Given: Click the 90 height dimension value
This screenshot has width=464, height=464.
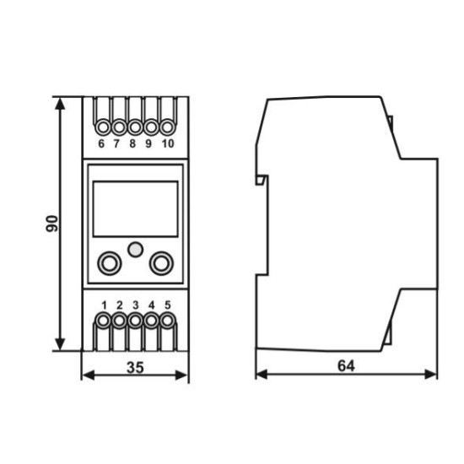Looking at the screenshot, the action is (52, 224).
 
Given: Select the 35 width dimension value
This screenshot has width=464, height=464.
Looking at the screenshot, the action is (135, 368).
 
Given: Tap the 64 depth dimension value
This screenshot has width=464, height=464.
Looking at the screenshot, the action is (346, 366).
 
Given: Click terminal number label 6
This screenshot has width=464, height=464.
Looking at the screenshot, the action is (101, 143).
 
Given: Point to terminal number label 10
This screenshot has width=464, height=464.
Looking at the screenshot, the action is (168, 143).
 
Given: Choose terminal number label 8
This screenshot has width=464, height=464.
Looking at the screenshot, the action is (132, 143).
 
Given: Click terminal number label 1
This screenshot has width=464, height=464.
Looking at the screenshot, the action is (104, 305).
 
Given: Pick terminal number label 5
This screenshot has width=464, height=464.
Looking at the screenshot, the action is (168, 305).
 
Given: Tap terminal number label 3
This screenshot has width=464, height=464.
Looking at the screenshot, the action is (136, 305).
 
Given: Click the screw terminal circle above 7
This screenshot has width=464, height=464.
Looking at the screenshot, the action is (119, 127).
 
